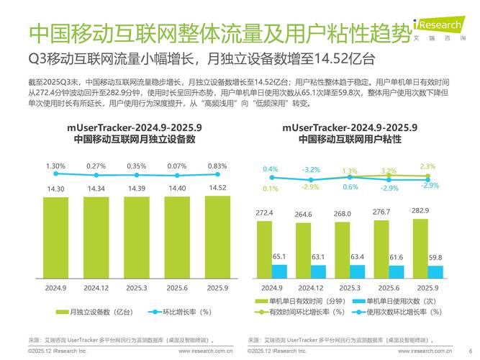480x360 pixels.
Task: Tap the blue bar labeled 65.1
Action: click(279, 271)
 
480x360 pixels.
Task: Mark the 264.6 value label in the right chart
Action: click(304, 214)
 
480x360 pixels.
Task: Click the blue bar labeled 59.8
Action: click(435, 272)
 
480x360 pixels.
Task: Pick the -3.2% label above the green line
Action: click(310, 170)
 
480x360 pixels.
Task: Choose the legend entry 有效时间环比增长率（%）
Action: click(303, 311)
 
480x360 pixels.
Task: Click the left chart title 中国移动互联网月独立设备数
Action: click(135, 140)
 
